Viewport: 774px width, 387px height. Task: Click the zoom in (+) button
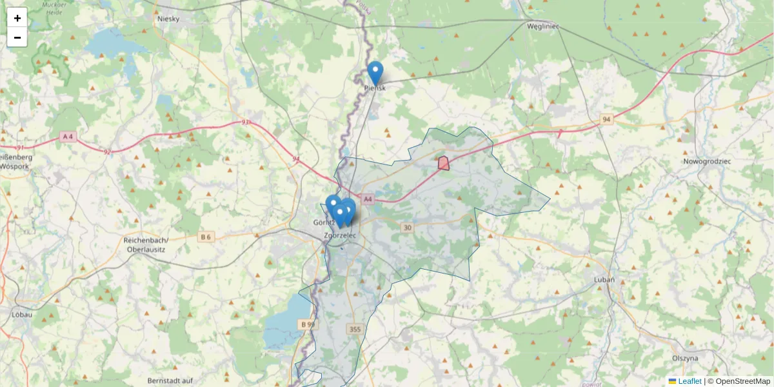[17, 18]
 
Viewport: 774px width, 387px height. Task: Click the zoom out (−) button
[17, 37]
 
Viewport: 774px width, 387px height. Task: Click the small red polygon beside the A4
[444, 163]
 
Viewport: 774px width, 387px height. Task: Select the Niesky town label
[172, 19]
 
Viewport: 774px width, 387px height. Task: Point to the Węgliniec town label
[542, 26]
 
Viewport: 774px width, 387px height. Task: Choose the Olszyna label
[685, 357]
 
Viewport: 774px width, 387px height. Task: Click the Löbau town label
[23, 315]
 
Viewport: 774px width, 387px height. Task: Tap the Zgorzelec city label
[341, 236]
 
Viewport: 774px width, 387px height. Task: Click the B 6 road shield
[206, 237]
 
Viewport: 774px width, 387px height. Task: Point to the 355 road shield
[354, 330]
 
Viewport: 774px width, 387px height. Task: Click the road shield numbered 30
[406, 227]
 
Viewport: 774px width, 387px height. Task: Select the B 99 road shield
[306, 324]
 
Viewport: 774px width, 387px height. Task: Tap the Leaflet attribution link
[689, 381]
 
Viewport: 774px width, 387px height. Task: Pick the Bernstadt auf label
[170, 381]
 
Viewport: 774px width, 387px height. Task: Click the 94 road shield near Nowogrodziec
[606, 119]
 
